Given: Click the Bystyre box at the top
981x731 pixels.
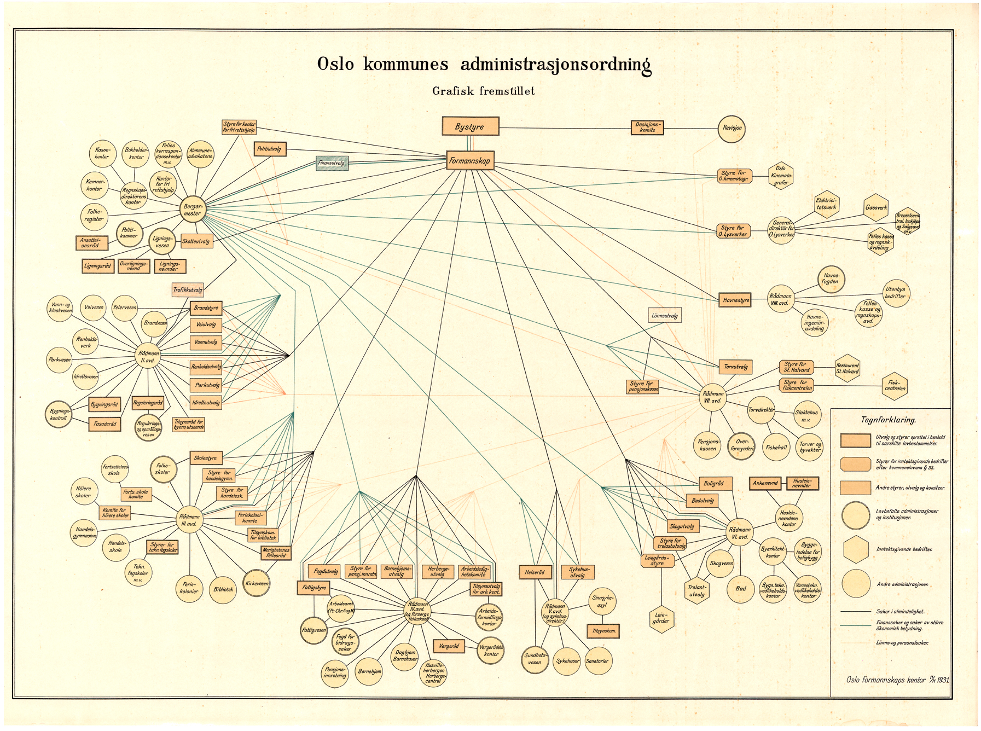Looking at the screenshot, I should coord(470,126).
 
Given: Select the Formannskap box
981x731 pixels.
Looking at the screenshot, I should coord(469,160).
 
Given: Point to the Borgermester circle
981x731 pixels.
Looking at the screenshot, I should coord(193,210).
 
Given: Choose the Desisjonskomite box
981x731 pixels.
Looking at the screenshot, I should coord(647,127).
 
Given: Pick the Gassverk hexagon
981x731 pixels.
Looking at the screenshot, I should coord(876,208).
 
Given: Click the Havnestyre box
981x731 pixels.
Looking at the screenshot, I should coord(735,300).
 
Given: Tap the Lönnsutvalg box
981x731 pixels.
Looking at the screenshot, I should coord(665,316).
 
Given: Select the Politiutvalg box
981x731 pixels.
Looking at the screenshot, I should coord(270,148).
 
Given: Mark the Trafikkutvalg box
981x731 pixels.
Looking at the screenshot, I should coord(188,290).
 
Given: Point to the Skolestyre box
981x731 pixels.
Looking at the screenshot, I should coord(206,458).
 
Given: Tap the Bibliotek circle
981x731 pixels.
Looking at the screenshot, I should coord(223,589).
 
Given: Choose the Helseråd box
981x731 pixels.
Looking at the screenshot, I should coord(535,572).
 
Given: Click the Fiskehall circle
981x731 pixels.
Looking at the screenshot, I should coord(776,447).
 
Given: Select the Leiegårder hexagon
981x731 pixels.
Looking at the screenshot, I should coord(661,618).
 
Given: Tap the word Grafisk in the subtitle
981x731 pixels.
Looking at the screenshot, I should coord(454,91).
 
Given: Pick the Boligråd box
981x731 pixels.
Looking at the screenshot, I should coord(715,484).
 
